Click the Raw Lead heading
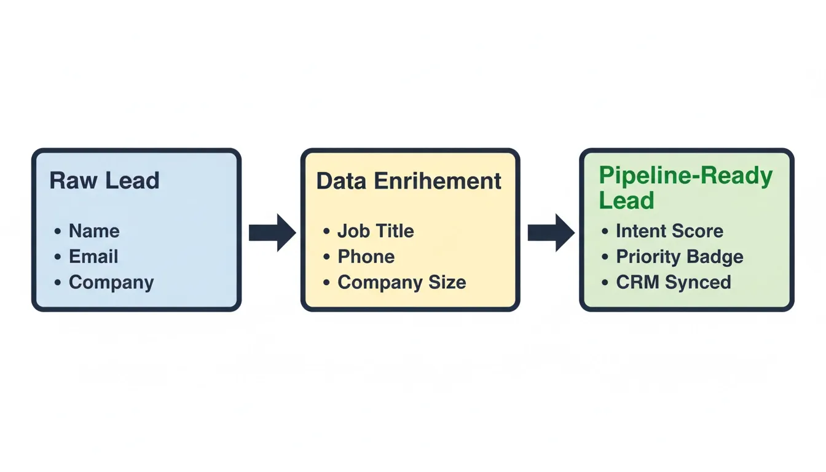click(104, 180)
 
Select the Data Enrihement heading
click(409, 181)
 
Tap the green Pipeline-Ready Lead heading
click(685, 187)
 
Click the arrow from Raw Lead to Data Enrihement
click(272, 233)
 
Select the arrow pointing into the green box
click(551, 233)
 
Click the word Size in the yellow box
click(447, 282)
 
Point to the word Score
click(698, 231)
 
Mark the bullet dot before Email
click(58, 257)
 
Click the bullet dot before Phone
click(326, 257)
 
